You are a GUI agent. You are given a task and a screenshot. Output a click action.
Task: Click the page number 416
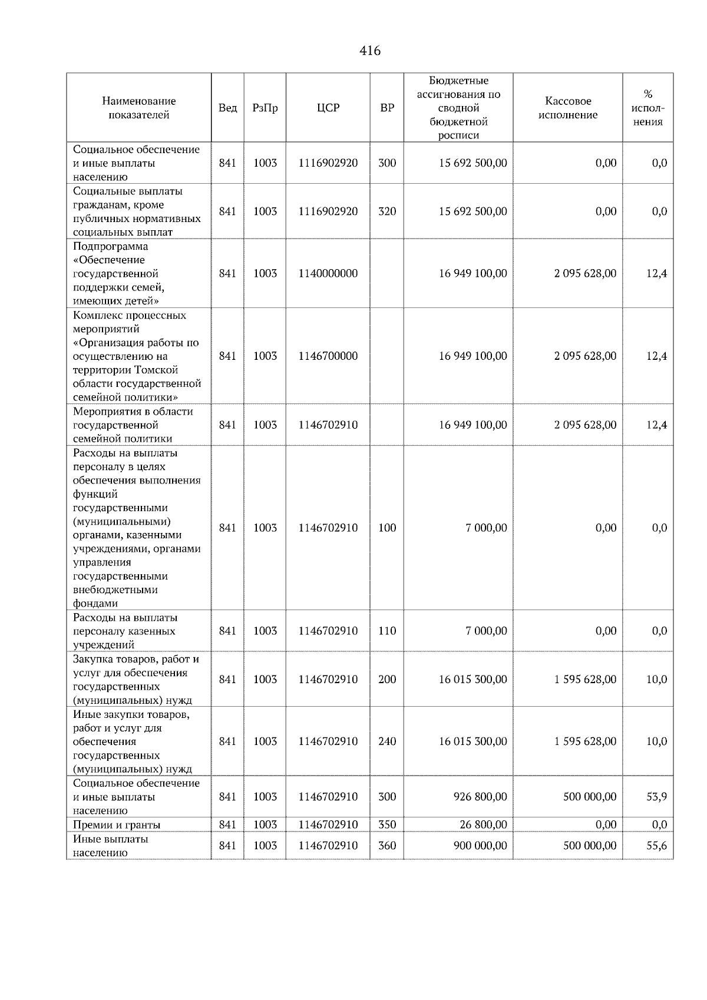[370, 51]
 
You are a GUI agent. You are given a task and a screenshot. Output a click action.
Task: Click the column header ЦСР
[328, 108]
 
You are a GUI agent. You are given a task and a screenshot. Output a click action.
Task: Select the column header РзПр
[265, 108]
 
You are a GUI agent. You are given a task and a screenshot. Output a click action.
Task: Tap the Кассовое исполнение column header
[567, 108]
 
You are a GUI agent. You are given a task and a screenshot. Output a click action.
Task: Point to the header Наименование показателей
[138, 108]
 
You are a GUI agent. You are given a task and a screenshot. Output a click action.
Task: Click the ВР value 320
[387, 211]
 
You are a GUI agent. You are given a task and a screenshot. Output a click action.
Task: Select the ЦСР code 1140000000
[328, 273]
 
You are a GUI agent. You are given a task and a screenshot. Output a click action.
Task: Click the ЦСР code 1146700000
[328, 356]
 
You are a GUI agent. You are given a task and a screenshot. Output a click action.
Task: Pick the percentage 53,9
[656, 797]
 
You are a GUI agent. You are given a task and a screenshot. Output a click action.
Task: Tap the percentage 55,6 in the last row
[656, 846]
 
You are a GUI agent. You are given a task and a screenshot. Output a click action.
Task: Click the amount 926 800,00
[480, 797]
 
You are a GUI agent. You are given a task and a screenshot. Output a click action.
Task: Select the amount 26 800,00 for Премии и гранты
[483, 824]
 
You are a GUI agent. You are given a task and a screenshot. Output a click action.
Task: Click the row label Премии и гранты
[117, 824]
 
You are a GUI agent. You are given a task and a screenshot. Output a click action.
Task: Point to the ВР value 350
[387, 824]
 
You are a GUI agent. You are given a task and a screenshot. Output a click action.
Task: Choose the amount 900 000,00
[480, 846]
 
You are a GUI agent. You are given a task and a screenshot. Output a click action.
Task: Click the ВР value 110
[387, 631]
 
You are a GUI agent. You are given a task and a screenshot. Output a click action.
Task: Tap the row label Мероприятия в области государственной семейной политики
[133, 425]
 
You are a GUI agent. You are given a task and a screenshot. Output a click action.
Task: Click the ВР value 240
[387, 741]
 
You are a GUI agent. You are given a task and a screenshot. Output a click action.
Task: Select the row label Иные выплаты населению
[110, 846]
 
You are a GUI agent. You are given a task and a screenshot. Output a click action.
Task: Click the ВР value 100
[387, 528]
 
